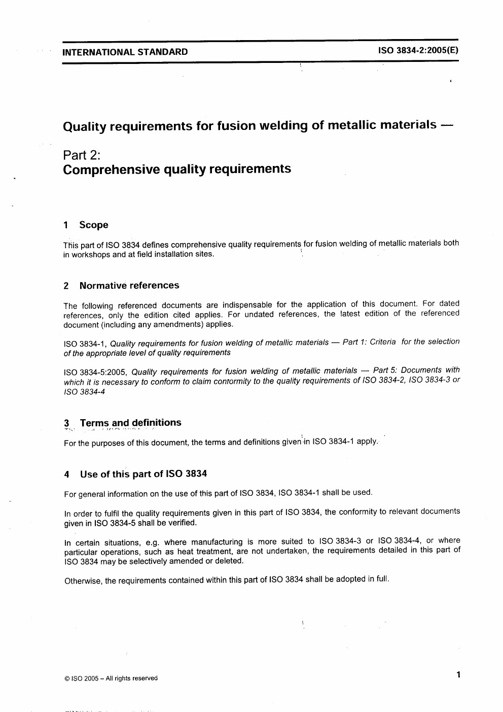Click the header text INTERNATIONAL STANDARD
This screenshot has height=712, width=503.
pyautogui.click(x=125, y=52)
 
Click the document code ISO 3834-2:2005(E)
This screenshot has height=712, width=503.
pyautogui.click(x=418, y=51)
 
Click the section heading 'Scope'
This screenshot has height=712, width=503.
pyautogui.click(x=94, y=225)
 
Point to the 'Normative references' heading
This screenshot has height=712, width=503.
pyautogui.click(x=129, y=285)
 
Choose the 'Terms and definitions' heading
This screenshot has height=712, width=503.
pyautogui.click(x=130, y=423)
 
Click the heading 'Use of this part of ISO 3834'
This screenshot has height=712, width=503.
pyautogui.click(x=143, y=474)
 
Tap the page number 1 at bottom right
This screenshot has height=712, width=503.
pyautogui.click(x=458, y=674)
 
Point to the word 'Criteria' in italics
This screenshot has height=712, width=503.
pyautogui.click(x=383, y=342)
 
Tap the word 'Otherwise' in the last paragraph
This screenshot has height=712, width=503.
pyautogui.click(x=82, y=581)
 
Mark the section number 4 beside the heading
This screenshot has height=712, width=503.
pyautogui.click(x=67, y=475)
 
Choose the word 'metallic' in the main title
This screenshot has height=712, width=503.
pyautogui.click(x=350, y=125)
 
